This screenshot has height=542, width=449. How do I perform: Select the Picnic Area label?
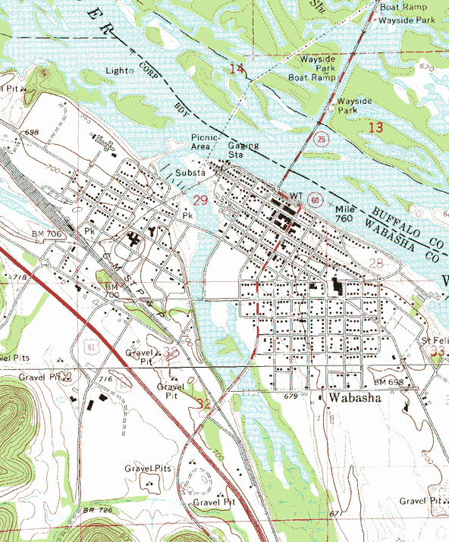(x=203, y=142)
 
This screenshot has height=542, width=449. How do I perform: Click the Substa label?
(x=190, y=173)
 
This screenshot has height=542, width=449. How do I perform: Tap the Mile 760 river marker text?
(x=344, y=213)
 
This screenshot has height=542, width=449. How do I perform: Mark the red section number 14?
(x=237, y=69)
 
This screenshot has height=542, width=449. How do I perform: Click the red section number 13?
(x=375, y=127)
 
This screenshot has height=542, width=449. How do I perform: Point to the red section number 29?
(x=200, y=200)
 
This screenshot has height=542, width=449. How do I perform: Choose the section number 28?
(x=376, y=263)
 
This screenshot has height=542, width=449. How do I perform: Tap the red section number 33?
(x=436, y=352)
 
